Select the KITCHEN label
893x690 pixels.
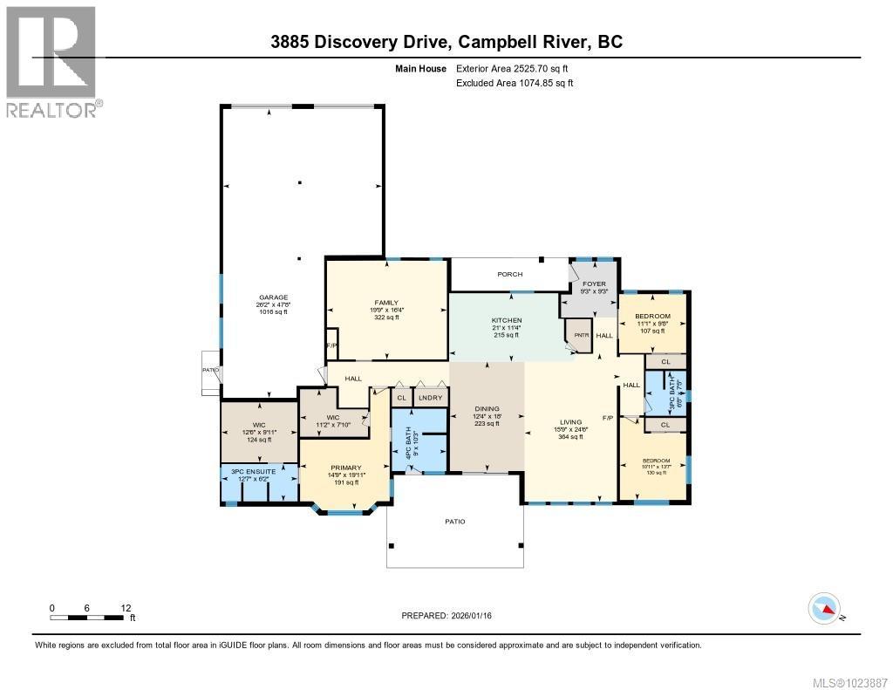506,320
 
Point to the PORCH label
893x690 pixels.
510,274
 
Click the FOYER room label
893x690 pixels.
594,284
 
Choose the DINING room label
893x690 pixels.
487,409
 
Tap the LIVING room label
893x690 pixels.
570,421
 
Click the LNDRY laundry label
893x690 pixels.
431,398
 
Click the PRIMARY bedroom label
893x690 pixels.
345,468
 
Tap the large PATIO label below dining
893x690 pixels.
455,522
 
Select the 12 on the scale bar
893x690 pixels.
126,607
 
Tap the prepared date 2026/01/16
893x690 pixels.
477,616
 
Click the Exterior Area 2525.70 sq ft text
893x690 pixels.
515,68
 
